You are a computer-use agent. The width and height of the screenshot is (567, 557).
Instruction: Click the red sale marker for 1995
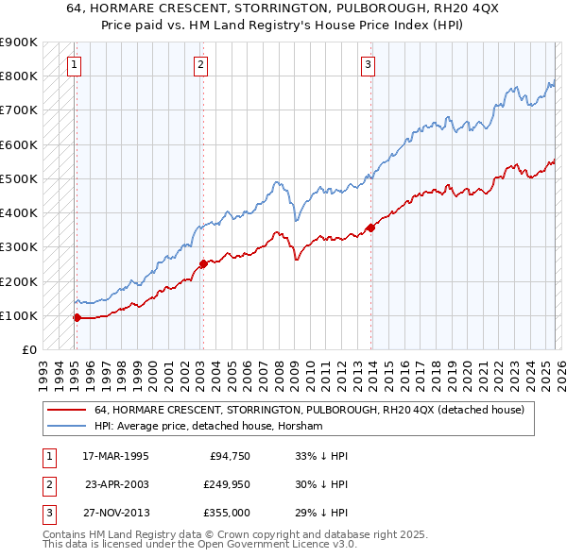(77, 317)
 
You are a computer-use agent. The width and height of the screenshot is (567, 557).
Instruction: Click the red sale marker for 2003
(203, 264)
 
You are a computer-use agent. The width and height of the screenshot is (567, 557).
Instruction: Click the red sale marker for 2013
(370, 228)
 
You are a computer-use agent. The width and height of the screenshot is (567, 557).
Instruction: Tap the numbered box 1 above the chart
(74, 65)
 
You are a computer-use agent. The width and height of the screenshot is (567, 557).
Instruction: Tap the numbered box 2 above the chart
(201, 65)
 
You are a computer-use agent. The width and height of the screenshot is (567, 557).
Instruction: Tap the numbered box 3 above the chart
(368, 65)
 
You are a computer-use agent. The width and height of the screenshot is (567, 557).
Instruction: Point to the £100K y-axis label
(19, 315)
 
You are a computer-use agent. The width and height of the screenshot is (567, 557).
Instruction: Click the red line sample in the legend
(66, 410)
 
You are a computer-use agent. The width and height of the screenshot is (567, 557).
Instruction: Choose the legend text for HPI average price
(209, 427)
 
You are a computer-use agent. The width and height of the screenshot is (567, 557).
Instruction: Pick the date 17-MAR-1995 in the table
(116, 456)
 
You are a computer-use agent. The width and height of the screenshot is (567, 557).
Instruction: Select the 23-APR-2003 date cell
(116, 484)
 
